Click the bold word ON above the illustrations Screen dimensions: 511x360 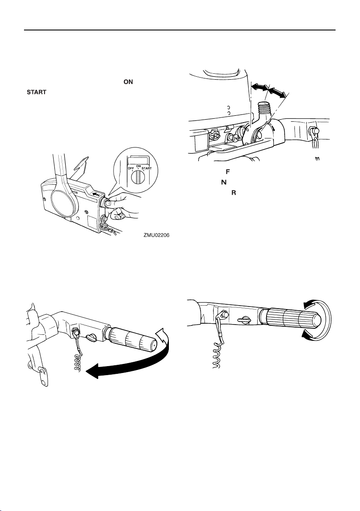click(128, 82)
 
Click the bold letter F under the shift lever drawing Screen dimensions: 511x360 click(228, 171)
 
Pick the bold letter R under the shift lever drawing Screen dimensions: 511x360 click(234, 193)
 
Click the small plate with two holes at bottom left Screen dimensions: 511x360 click(42, 376)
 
